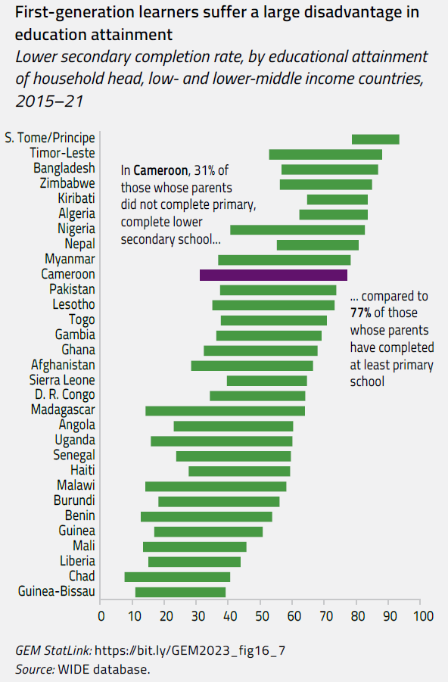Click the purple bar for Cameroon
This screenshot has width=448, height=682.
[273, 275]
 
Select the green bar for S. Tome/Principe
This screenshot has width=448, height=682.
[375, 139]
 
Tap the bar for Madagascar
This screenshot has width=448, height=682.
[225, 410]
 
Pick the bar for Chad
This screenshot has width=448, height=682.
[177, 577]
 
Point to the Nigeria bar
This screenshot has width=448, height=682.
[297, 229]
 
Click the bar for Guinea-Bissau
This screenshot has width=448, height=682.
[180, 592]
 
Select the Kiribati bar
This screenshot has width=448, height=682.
[337, 199]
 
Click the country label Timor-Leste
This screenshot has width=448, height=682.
[63, 153]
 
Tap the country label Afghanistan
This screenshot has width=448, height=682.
[63, 365]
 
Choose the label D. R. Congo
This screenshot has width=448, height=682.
[64, 395]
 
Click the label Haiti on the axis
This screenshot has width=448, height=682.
[82, 471]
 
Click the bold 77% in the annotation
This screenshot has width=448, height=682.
[361, 313]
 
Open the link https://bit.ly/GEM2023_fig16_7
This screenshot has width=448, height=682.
[191, 650]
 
